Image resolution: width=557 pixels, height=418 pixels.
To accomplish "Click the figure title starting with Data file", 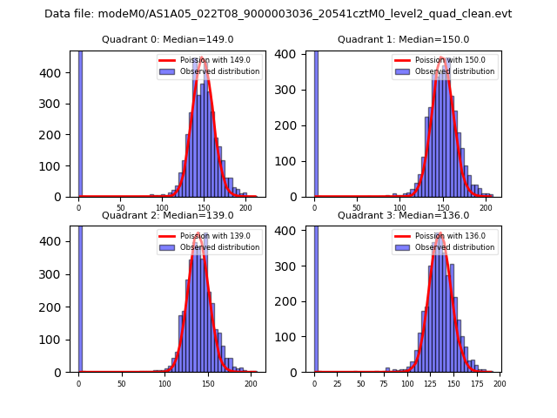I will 278,14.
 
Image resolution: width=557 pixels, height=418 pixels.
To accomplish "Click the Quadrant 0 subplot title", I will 168,39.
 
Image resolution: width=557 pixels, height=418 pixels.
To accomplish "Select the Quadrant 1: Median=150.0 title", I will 403,39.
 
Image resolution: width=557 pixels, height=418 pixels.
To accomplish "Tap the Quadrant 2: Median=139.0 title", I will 168,215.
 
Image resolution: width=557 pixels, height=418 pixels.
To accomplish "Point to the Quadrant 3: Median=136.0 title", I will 403,215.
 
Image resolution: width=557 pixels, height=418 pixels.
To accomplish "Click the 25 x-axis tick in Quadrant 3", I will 338,384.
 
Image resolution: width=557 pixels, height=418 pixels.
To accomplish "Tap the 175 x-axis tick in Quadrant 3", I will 476,384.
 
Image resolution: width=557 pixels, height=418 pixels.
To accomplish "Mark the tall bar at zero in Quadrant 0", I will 80,122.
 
